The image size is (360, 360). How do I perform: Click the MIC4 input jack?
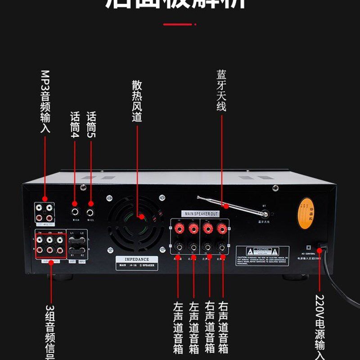tap(74, 210)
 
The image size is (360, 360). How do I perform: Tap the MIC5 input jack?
tap(91, 210)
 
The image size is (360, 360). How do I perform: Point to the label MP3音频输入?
tap(45, 101)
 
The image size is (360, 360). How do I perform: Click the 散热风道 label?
tap(137, 101)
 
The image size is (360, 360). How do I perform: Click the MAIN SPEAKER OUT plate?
tap(200, 213)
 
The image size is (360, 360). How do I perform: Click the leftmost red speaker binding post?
tap(179, 229)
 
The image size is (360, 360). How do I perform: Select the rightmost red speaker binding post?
tap(221, 229)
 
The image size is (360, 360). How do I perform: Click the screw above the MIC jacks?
tap(83, 188)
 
